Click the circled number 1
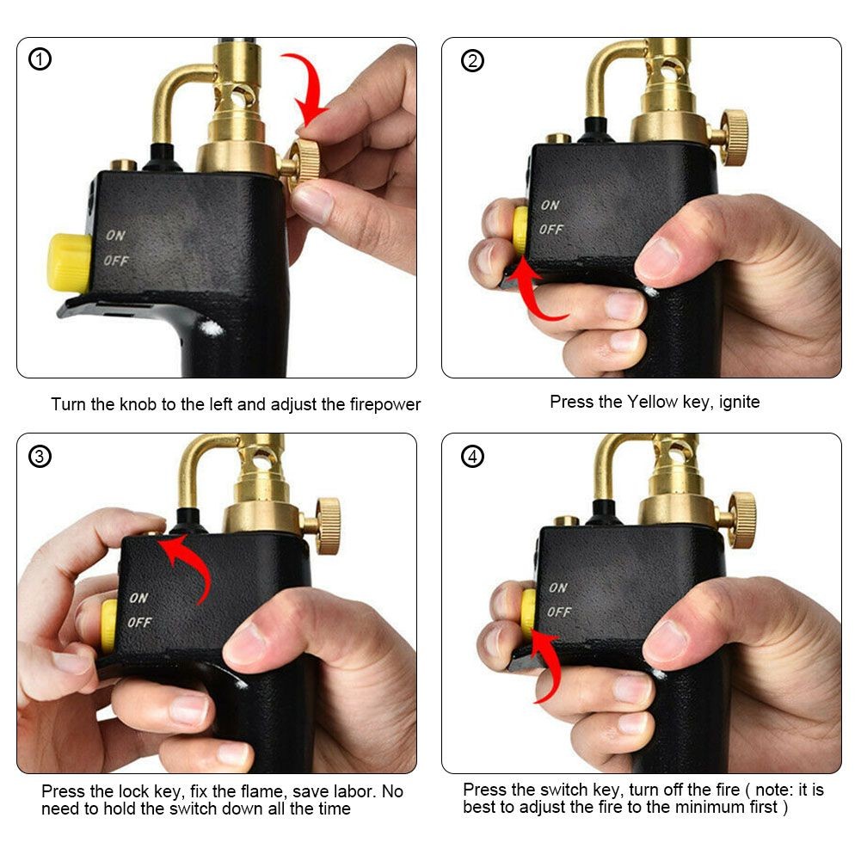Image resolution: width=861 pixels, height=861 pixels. click(x=40, y=59)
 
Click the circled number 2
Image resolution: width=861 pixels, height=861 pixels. click(x=472, y=61)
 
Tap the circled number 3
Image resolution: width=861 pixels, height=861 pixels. click(x=40, y=456)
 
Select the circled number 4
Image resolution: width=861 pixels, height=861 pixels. click(x=472, y=456)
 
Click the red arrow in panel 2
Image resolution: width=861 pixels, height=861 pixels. click(x=538, y=292)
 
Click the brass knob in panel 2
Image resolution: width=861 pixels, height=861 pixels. click(x=733, y=137)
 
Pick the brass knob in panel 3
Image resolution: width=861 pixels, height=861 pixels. click(x=326, y=525)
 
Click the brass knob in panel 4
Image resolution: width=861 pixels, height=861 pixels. click(x=741, y=519)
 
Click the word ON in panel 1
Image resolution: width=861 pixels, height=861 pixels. click(x=116, y=235)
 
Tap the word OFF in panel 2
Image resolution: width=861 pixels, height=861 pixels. click(x=550, y=230)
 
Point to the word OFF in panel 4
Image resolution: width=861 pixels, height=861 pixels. click(x=559, y=612)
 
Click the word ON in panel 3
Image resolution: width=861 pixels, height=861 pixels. click(x=138, y=598)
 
